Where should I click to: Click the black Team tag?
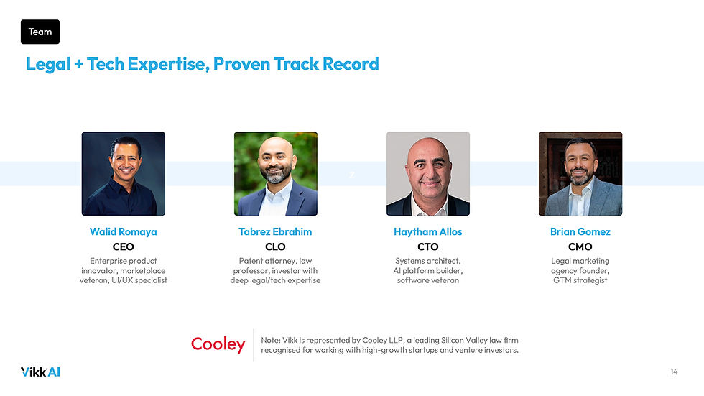point(40,32)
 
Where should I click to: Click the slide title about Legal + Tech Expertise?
point(202,64)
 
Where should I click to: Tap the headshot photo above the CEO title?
point(123,174)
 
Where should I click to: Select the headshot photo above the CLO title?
point(275,174)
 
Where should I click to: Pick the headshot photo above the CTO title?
point(428,174)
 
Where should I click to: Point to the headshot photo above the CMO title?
point(580,174)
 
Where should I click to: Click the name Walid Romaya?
point(123,232)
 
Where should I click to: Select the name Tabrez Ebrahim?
point(275,232)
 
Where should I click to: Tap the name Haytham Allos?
point(428,232)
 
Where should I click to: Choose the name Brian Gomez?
point(580,232)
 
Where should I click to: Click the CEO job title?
point(123,247)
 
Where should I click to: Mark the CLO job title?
point(275,247)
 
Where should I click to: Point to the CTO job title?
point(428,247)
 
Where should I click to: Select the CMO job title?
point(580,247)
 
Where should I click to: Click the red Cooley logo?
point(218,345)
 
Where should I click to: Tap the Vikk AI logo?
point(40,372)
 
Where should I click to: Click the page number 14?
point(673,372)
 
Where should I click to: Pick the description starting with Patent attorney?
point(275,270)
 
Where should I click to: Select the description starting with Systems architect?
point(428,270)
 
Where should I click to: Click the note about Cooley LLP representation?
point(389,345)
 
